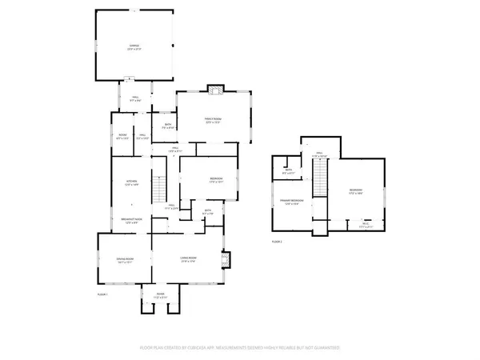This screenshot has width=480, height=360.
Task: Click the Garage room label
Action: tap(134, 48)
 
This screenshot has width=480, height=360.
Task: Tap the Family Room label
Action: tap(212, 121)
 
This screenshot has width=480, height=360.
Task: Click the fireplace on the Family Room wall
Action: tap(213, 88)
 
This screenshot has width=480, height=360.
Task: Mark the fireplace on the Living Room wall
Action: tap(226, 259)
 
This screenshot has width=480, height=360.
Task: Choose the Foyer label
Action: tap(159, 295)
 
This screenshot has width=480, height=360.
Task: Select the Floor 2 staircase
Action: tap(320, 178)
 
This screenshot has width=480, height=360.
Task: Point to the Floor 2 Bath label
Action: tap(288, 170)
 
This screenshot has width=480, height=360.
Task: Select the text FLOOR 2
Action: tap(277, 241)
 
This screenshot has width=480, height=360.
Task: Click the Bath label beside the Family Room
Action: tap(168, 126)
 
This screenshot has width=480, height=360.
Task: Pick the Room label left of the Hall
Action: tap(122, 135)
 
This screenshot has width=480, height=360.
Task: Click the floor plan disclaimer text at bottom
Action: tap(240, 348)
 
